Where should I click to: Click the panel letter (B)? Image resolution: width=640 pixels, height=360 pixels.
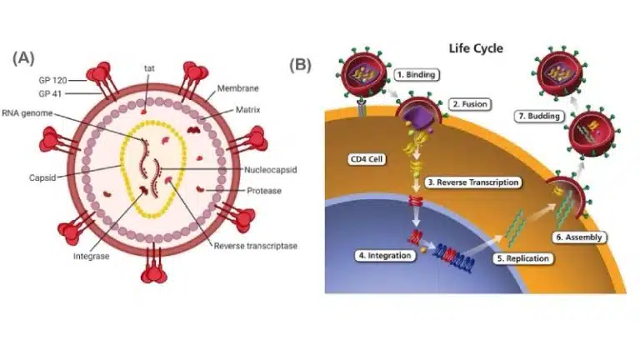point(300,64)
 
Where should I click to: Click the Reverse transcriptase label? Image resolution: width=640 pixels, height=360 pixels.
point(255,246)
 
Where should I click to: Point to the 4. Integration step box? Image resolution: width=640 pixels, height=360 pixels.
point(385,255)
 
